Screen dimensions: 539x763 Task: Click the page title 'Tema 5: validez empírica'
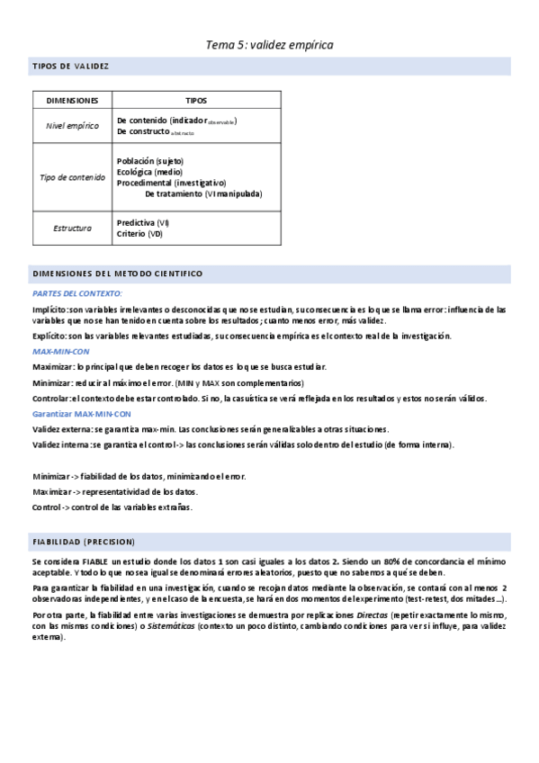(x=269, y=44)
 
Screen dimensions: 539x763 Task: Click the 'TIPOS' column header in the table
(x=195, y=100)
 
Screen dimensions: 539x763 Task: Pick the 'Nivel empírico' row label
(x=72, y=126)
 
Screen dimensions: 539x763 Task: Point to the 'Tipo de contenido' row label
(x=72, y=177)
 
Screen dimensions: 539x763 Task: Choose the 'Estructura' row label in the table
(x=72, y=228)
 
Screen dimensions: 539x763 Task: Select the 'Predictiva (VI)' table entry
(x=142, y=222)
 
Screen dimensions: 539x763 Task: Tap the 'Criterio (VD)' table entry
(x=139, y=233)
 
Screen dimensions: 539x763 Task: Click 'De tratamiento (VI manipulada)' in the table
(x=203, y=193)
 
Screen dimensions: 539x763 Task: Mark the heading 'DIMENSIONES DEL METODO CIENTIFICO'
(x=117, y=273)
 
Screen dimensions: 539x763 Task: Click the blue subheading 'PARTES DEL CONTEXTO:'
(x=77, y=293)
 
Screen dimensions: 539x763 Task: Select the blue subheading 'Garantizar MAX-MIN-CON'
(x=81, y=414)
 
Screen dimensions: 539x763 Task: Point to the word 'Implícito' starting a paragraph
(x=49, y=309)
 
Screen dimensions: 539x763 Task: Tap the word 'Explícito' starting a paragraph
(x=49, y=337)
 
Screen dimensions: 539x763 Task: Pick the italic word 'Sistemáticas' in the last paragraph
(x=171, y=625)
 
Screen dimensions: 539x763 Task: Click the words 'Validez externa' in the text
(x=59, y=429)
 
